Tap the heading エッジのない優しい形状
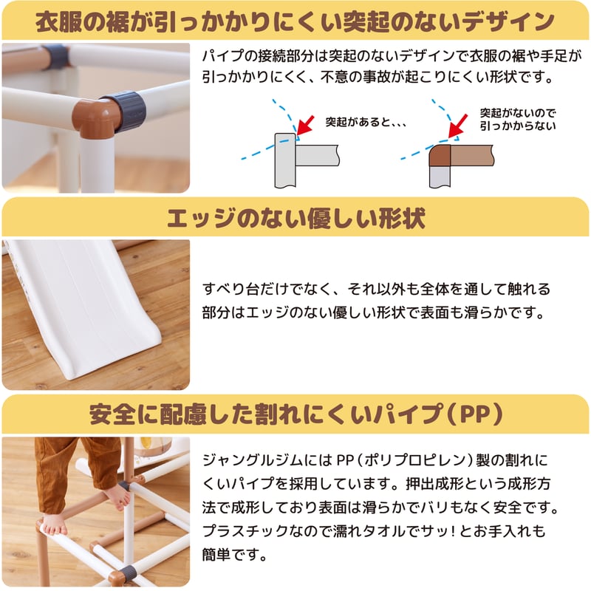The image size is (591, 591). [296, 219]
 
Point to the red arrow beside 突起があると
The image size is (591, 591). [305, 125]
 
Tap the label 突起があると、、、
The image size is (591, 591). [366, 122]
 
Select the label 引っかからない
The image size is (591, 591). [518, 126]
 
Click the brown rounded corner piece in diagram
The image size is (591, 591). [440, 155]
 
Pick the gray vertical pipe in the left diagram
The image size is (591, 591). [285, 160]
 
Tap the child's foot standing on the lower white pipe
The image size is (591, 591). [54, 527]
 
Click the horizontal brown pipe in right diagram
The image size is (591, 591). [472, 155]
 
